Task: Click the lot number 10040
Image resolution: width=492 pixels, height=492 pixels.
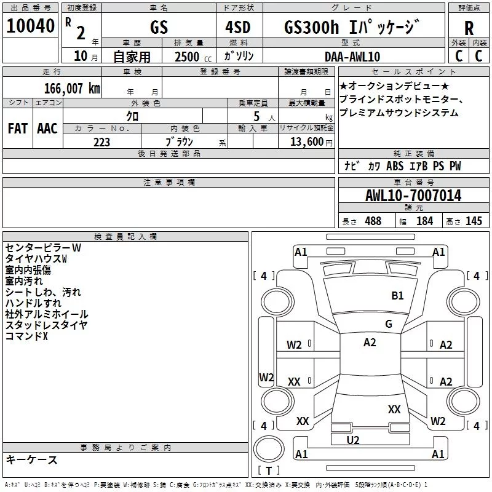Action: pos(30,26)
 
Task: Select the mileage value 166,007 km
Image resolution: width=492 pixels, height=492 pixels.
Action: pos(72,89)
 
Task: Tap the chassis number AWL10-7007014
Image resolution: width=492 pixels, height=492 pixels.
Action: pos(413,196)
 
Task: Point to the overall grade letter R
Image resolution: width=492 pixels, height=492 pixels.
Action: pos(469,28)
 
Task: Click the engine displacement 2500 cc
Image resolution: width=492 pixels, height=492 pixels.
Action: pos(193,57)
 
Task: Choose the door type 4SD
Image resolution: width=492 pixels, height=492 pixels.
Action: pos(238,27)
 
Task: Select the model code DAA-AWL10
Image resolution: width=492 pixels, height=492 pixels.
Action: pos(352,57)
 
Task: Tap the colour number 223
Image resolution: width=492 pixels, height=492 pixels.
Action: pos(101,142)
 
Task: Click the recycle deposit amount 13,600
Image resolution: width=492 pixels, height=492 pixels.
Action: pos(306,141)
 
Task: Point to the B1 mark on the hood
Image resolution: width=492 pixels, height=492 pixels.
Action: pos(397,295)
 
